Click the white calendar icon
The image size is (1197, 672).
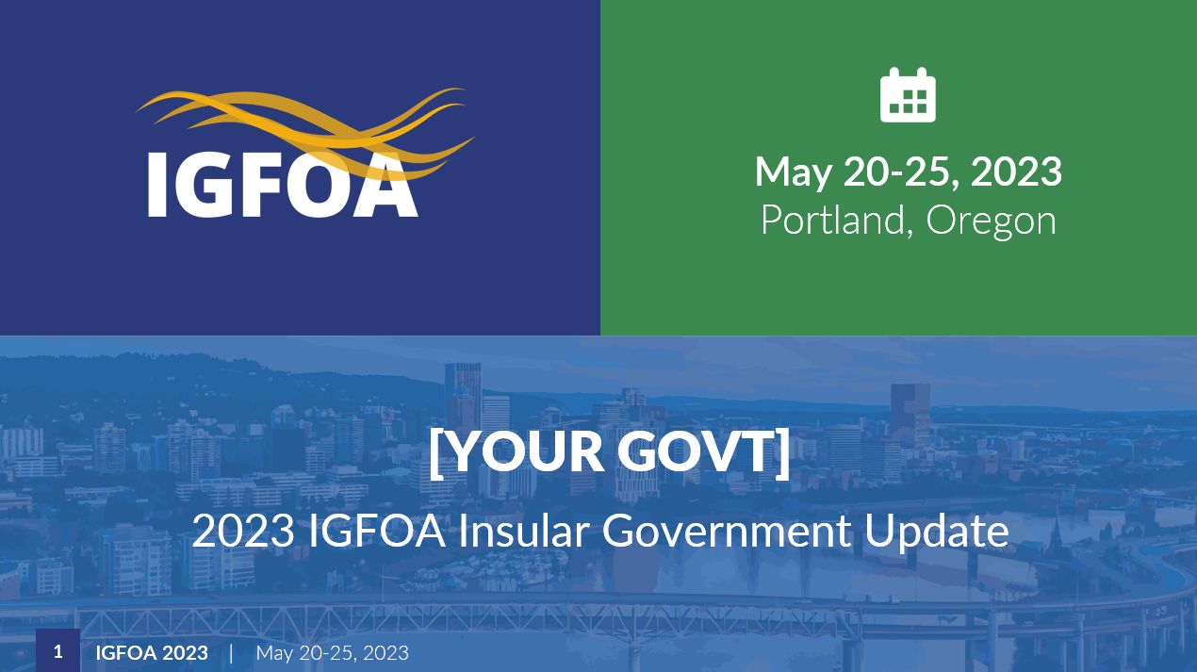click(908, 95)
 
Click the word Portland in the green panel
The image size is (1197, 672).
click(833, 220)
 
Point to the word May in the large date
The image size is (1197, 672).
click(793, 173)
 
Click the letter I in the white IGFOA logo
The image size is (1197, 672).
click(157, 185)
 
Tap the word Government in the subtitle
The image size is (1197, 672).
click(727, 531)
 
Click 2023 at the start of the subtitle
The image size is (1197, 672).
click(243, 531)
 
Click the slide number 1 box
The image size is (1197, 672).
click(58, 650)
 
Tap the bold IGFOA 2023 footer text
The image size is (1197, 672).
click(152, 653)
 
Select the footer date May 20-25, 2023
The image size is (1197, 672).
click(333, 653)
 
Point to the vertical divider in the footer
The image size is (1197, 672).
click(231, 653)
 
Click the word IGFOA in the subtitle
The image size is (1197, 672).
click(377, 531)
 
